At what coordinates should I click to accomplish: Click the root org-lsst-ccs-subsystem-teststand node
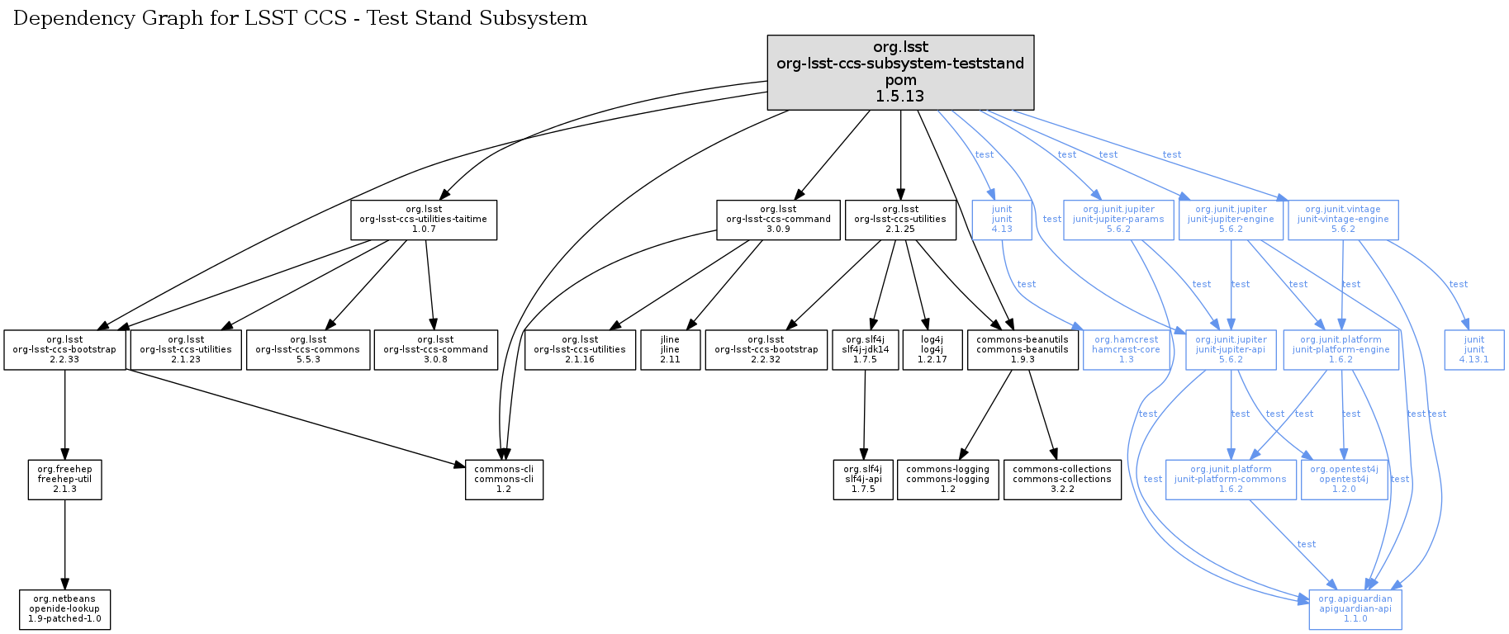(x=900, y=72)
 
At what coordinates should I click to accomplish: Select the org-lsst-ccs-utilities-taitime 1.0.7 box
(x=424, y=220)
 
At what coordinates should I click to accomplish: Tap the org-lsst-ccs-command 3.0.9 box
(x=778, y=220)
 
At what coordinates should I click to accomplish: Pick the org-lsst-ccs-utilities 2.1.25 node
(x=900, y=220)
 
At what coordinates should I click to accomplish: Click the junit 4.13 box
(x=1002, y=220)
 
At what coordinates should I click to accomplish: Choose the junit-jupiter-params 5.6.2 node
(x=1118, y=220)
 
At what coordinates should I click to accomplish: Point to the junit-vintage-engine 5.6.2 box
(x=1343, y=220)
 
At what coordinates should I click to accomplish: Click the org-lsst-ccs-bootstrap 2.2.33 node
(x=64, y=350)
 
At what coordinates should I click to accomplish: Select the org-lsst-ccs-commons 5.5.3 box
(x=308, y=350)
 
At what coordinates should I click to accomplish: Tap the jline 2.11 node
(x=670, y=350)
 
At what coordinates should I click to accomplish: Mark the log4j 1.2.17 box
(x=932, y=350)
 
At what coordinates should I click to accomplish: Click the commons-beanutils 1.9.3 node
(x=1023, y=350)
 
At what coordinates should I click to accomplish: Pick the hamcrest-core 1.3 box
(x=1126, y=350)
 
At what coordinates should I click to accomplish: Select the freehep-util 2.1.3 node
(x=64, y=480)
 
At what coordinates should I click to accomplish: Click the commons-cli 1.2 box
(x=504, y=480)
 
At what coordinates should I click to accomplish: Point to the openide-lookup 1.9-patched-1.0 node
(x=64, y=609)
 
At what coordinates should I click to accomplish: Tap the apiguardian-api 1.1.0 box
(x=1355, y=609)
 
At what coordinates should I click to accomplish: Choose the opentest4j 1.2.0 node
(x=1344, y=480)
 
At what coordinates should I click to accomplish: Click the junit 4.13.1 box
(x=1474, y=350)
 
